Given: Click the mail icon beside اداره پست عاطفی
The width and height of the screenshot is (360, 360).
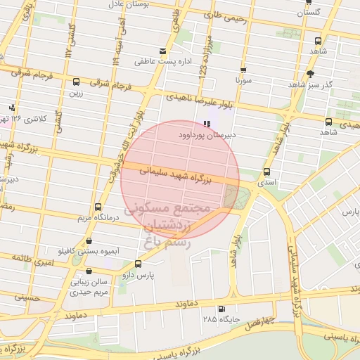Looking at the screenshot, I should click(x=163, y=51).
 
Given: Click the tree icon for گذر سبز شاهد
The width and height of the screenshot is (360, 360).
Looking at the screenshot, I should click(x=310, y=73).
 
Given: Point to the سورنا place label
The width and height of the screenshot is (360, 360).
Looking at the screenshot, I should click(x=243, y=81).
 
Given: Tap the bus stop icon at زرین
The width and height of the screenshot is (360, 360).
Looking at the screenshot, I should click(x=75, y=81).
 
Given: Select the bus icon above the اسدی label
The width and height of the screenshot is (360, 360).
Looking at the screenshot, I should click(x=266, y=172).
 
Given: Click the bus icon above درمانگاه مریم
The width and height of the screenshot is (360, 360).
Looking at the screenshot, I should click(x=97, y=207).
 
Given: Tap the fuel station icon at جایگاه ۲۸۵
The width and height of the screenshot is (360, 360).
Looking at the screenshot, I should click(x=222, y=309).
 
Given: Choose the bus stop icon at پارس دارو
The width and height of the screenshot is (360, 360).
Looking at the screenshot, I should click(x=137, y=264).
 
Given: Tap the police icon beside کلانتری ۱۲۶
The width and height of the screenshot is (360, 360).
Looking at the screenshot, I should click(x=12, y=108).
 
